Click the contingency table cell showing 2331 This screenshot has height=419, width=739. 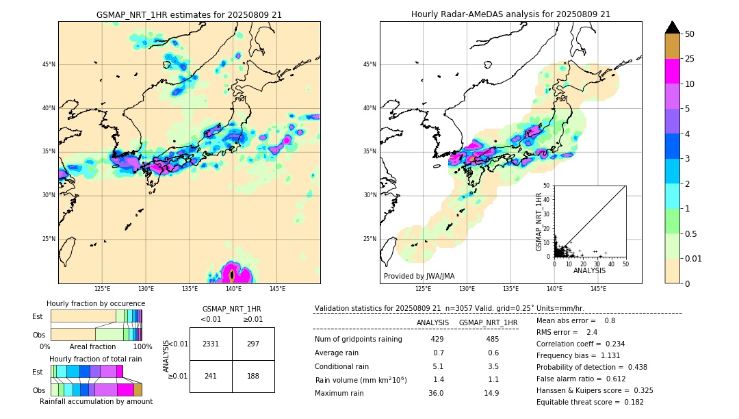[x=211, y=344]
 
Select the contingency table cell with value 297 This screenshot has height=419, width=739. [x=253, y=344]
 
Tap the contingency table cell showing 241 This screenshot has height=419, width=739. [x=211, y=376]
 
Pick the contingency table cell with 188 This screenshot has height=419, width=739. [x=253, y=376]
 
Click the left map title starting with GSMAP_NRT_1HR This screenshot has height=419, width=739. [x=189, y=14]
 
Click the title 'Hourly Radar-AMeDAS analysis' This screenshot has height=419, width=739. [x=510, y=14]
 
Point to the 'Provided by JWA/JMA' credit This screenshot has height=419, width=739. [x=419, y=276]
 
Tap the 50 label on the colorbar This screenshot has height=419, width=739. [x=690, y=34]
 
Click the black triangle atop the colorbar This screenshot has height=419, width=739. [x=673, y=27]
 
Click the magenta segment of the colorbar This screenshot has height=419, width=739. [x=673, y=71]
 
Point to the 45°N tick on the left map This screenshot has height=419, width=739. [x=49, y=64]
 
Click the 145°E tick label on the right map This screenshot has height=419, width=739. [x=598, y=289]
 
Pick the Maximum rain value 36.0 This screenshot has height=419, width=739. [x=436, y=393]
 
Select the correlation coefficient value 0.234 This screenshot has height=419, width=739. [x=610, y=344]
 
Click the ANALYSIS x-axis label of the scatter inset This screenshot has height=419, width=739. [x=589, y=270]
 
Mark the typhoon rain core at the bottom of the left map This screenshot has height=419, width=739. [x=232, y=275]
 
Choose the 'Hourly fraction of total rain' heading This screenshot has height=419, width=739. [x=96, y=359]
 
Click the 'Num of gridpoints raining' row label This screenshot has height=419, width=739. [x=358, y=340]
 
